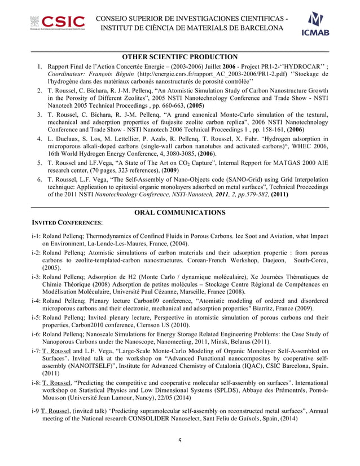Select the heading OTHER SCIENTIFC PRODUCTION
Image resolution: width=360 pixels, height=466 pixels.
[180, 57]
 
